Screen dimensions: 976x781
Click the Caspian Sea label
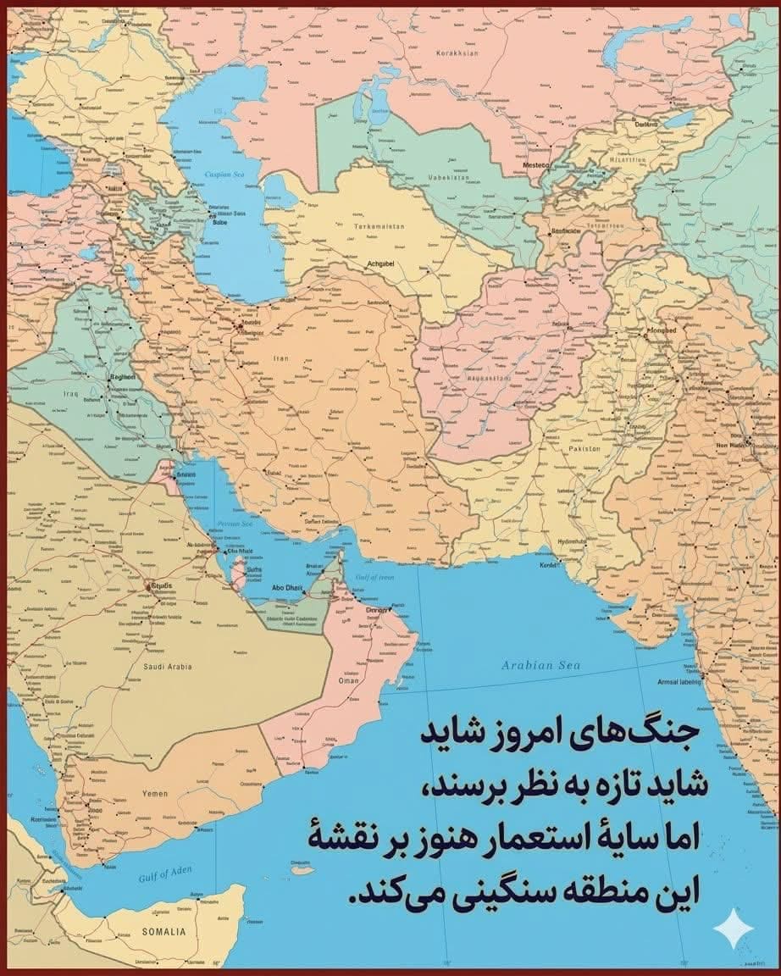(x=224, y=174)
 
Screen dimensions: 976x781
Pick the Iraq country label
(x=70, y=394)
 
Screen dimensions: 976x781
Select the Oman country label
(x=348, y=680)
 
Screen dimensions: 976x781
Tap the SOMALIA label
(x=163, y=932)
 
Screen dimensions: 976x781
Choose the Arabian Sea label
(x=540, y=665)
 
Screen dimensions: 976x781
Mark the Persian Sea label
(x=235, y=524)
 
